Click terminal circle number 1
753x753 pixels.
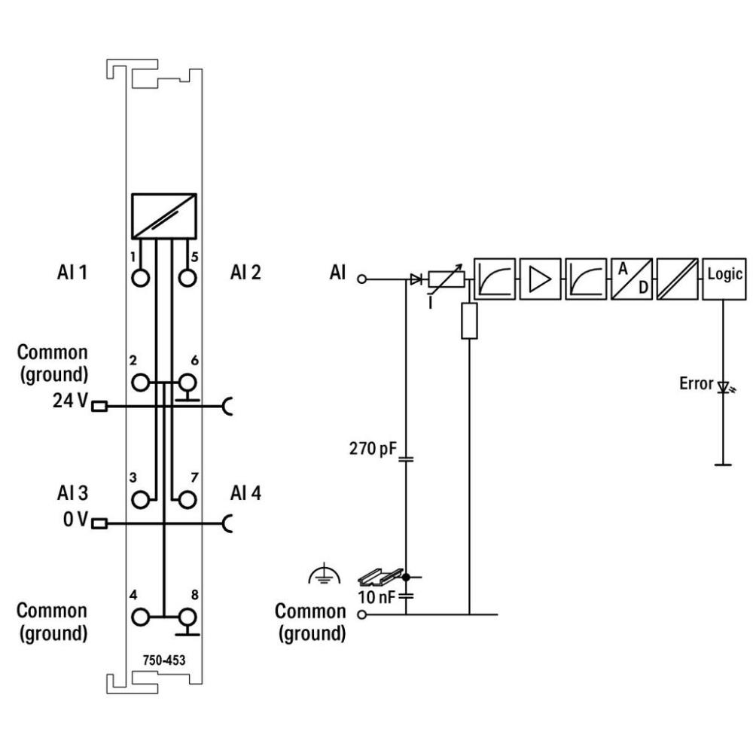point(140,278)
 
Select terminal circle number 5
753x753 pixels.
point(187,278)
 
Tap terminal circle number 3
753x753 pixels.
point(140,500)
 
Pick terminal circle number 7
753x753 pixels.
point(187,500)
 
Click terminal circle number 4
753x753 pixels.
point(140,617)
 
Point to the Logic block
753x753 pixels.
point(724,279)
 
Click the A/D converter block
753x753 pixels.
point(632,279)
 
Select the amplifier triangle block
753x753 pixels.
point(540,279)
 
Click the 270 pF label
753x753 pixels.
point(373,449)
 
